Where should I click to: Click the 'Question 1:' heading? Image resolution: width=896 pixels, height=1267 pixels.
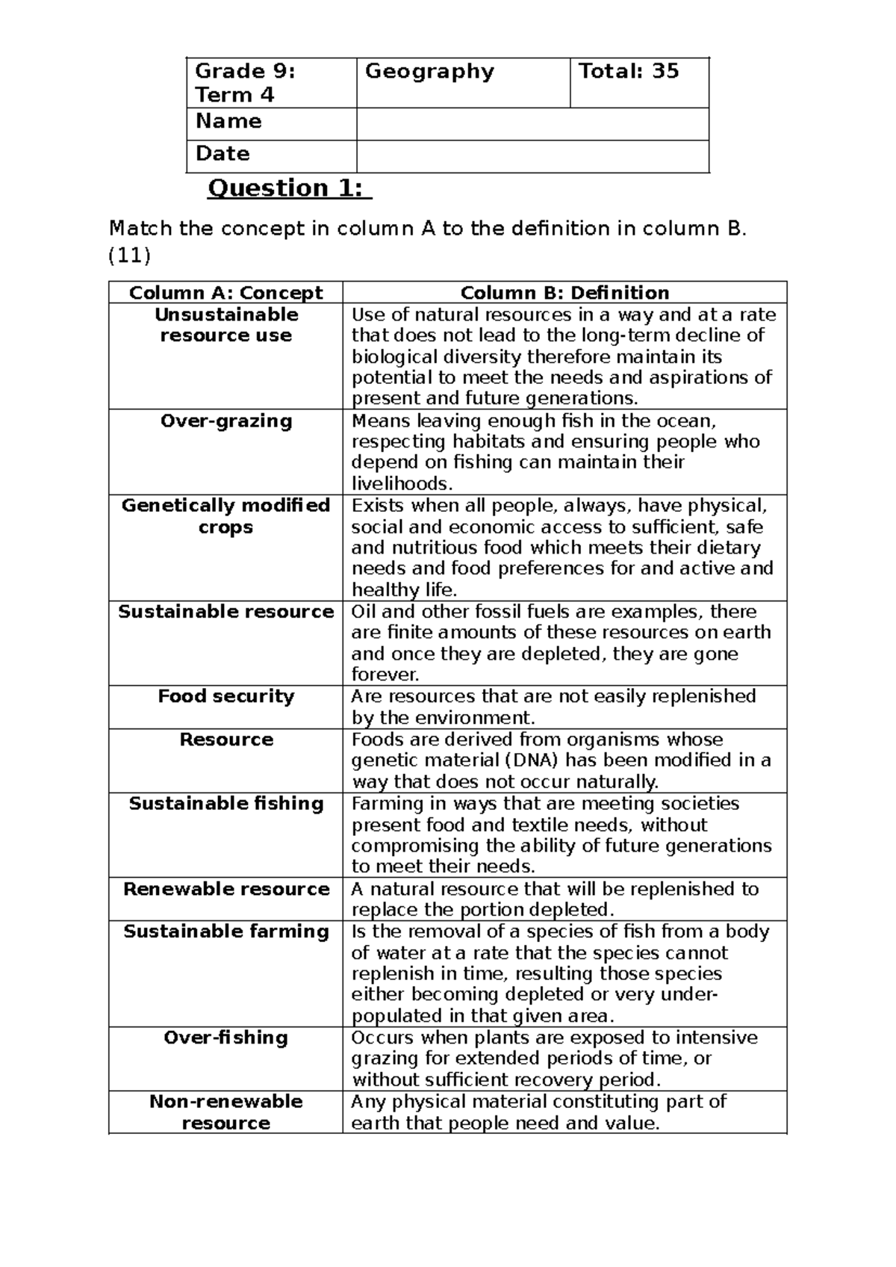pos(289,188)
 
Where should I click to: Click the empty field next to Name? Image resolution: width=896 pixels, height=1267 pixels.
pos(532,123)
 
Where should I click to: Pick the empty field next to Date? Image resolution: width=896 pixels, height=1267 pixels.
pos(532,156)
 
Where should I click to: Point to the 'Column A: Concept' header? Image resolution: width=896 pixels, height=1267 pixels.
pos(225,292)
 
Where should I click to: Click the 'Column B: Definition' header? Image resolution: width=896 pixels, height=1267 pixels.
pos(564,292)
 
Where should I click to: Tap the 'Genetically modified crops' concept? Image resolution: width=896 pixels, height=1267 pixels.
pos(225,516)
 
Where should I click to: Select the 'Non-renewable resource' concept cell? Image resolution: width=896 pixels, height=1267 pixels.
pos(225,1112)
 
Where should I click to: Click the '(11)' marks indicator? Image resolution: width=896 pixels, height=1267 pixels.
pos(129,256)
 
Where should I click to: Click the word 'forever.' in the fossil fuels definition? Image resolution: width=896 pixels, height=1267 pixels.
pos(385,675)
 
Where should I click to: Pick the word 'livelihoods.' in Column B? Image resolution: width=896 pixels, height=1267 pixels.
pos(402,483)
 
